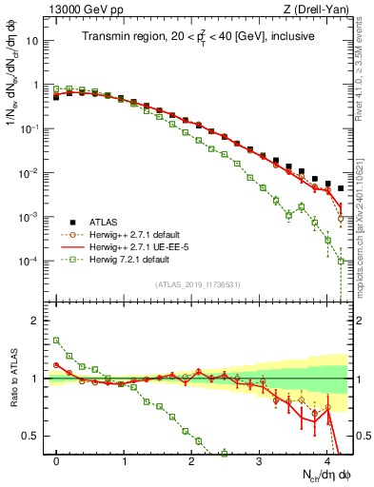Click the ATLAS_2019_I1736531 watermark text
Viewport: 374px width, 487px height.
click(x=198, y=284)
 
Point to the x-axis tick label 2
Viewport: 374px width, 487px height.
click(x=191, y=458)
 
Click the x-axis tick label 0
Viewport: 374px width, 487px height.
click(x=57, y=458)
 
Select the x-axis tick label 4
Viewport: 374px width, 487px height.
click(x=326, y=458)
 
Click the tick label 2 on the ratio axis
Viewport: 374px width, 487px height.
click(x=38, y=321)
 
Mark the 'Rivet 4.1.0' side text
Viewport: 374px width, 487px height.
click(x=365, y=71)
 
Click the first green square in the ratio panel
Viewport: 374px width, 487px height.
click(x=57, y=340)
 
